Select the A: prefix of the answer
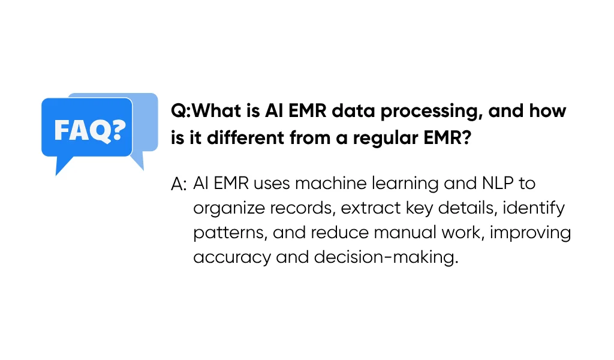click(179, 184)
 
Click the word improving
click(531, 233)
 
